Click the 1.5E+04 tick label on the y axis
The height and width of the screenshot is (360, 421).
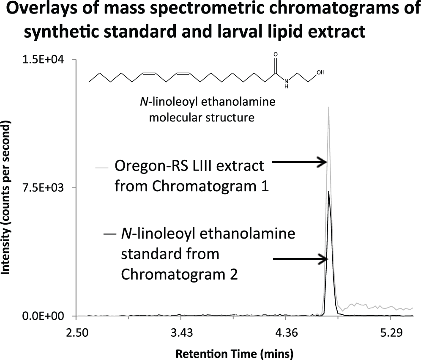pyautogui.click(x=43, y=60)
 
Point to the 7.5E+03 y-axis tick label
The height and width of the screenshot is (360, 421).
pyautogui.click(x=43, y=188)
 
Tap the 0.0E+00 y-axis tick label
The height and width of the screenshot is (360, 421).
pyautogui.click(x=43, y=316)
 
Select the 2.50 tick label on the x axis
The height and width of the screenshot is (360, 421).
pyautogui.click(x=77, y=333)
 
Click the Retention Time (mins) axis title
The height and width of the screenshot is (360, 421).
pyautogui.click(x=234, y=354)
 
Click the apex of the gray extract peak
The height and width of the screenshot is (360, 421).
pyautogui.click(x=328, y=107)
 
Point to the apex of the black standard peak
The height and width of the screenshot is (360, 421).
pyautogui.click(x=328, y=191)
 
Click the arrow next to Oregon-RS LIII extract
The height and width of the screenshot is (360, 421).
pyautogui.click(x=299, y=162)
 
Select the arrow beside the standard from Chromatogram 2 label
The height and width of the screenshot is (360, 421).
pyautogui.click(x=301, y=259)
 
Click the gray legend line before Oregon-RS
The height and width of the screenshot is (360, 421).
pyautogui.click(x=102, y=168)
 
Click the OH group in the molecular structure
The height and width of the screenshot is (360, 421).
pyautogui.click(x=320, y=72)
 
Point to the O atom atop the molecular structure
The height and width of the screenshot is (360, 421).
pyautogui.click(x=276, y=55)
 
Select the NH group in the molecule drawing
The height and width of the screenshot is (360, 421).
pyautogui.click(x=287, y=84)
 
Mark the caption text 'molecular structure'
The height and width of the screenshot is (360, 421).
pyautogui.click(x=202, y=118)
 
